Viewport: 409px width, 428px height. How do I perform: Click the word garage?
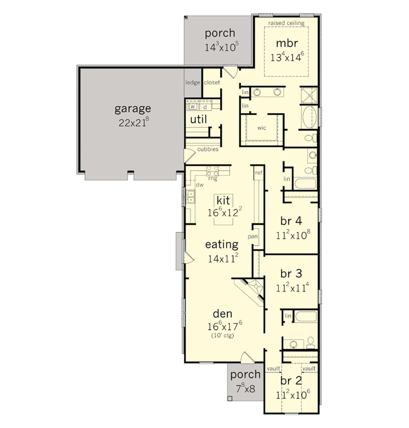coord(133,109)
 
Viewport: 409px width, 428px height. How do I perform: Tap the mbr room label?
coord(287,43)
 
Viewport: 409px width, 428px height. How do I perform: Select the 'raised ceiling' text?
coord(286,23)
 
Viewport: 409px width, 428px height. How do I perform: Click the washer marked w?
coord(193,107)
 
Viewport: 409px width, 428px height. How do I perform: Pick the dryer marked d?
coord(205,107)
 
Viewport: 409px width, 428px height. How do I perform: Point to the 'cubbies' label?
coord(208,149)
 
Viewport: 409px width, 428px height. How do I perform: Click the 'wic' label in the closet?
coord(261,128)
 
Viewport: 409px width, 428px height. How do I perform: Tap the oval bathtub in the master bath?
coord(309,117)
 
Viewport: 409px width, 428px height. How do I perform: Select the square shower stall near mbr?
coord(309,95)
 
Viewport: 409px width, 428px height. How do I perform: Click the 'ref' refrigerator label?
coord(259,173)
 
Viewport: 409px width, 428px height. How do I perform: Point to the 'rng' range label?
coord(212,179)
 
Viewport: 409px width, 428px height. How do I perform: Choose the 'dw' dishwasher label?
coord(200,185)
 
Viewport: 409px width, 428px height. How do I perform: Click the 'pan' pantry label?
coord(253,237)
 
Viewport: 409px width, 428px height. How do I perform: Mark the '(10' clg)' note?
coord(223,336)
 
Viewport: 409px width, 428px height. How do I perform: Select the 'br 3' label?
coord(291,273)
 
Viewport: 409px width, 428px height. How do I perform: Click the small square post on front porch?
coord(230,398)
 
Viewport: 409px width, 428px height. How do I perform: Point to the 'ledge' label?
coord(192,82)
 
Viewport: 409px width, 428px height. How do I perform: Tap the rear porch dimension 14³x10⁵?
coord(222,47)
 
